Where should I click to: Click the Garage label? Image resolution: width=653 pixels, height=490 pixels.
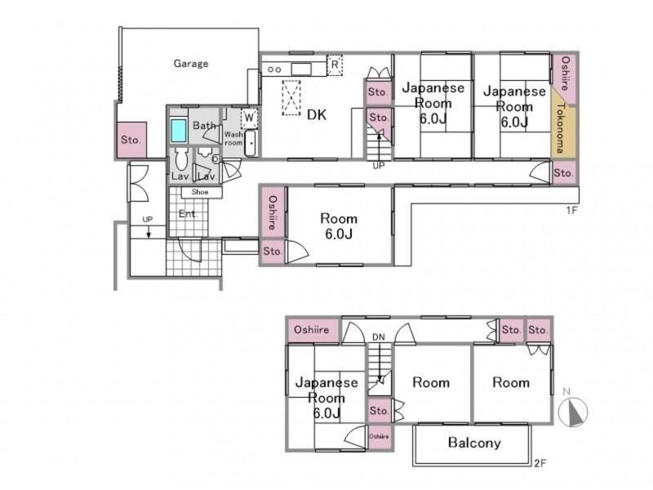coord(191,64)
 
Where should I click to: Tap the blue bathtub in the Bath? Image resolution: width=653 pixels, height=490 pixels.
coord(179,131)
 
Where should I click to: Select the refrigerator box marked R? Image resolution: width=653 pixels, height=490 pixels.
coord(335,65)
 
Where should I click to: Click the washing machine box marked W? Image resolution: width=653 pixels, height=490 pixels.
coord(249,118)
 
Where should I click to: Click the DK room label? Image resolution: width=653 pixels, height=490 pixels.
coord(317,114)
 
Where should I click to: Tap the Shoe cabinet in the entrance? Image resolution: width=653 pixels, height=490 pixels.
coord(200,192)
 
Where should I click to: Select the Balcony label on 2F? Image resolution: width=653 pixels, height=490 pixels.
coord(474,443)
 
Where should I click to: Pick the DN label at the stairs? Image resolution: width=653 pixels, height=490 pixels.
coord(379,337)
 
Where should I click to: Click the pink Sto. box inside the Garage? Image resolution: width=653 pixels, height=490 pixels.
coord(131,140)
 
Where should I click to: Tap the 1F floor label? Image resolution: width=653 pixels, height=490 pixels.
coord(572,211)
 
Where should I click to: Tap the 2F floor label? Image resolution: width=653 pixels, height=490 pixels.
coord(540,463)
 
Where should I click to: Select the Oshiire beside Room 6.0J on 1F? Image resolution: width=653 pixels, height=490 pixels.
coord(273,212)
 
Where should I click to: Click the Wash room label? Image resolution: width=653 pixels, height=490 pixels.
coord(233,138)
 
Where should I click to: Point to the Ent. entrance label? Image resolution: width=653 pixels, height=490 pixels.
coord(188,214)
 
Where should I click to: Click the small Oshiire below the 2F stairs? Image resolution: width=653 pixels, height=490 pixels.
coord(379,437)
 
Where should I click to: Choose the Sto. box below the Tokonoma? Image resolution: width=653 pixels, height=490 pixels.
coord(564,172)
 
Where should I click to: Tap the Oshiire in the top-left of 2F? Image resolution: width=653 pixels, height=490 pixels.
coord(312,330)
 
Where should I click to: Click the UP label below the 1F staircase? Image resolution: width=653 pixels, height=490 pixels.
coord(379,166)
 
